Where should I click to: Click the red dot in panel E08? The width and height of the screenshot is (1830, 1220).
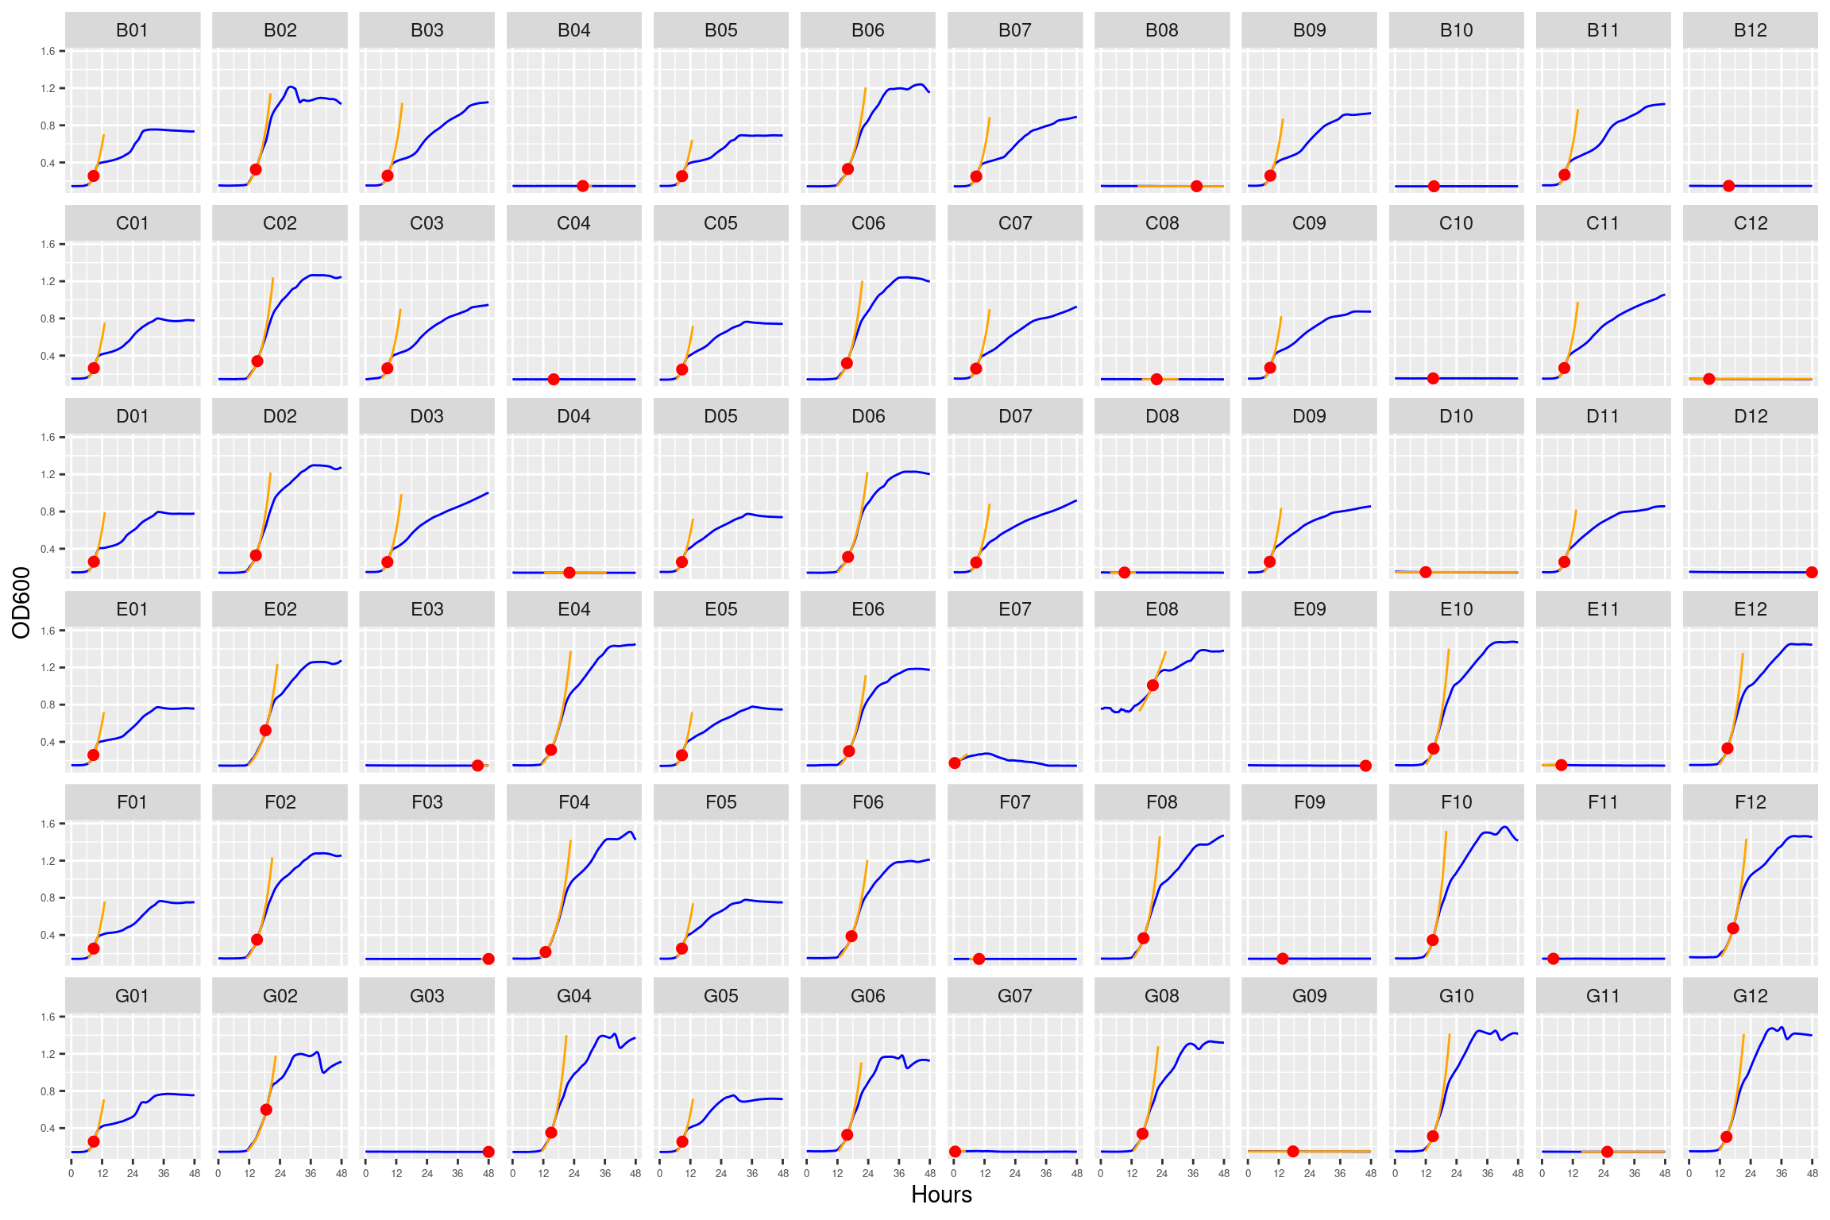point(1152,685)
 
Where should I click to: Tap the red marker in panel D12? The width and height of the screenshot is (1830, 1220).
point(1812,573)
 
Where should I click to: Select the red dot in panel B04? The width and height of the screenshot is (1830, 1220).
point(583,186)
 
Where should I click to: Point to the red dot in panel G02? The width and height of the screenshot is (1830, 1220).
point(266,1110)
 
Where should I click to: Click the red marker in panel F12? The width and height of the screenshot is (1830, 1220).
point(1733,929)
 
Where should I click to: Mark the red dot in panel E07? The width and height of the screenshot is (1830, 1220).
point(955,763)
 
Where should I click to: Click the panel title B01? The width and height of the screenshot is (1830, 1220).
point(133,30)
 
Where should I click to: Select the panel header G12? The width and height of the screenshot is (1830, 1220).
point(1750,996)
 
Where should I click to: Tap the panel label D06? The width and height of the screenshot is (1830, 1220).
point(867,416)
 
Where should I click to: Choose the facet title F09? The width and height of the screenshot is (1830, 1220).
point(1309,803)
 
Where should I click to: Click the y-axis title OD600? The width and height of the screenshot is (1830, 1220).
point(21,602)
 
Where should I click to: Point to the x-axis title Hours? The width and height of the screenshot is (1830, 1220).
point(941,1195)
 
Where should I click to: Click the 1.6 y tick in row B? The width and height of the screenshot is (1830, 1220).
point(48,52)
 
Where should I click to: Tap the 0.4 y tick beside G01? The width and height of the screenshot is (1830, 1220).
point(48,1129)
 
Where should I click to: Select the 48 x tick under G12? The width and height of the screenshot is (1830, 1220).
point(1812,1173)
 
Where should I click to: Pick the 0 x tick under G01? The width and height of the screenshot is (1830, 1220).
point(71,1173)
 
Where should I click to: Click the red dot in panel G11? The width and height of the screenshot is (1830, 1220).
point(1607,1152)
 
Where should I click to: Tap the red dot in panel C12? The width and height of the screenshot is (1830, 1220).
point(1708,379)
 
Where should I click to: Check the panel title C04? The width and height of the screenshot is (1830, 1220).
point(573,223)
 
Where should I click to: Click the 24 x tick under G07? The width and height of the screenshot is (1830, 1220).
point(1015,1173)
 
